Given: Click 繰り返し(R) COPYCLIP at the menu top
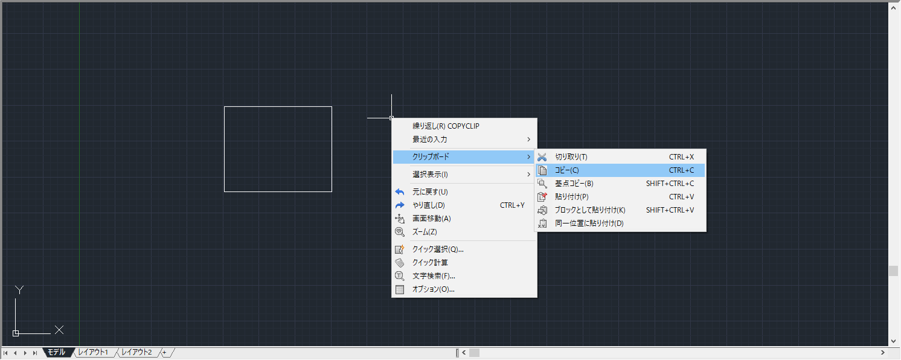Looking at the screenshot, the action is coord(446,126).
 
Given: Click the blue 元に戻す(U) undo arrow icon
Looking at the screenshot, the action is coord(399,192).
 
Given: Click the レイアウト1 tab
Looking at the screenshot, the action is coord(94,352).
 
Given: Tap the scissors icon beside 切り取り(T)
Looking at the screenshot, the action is coord(542,157).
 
